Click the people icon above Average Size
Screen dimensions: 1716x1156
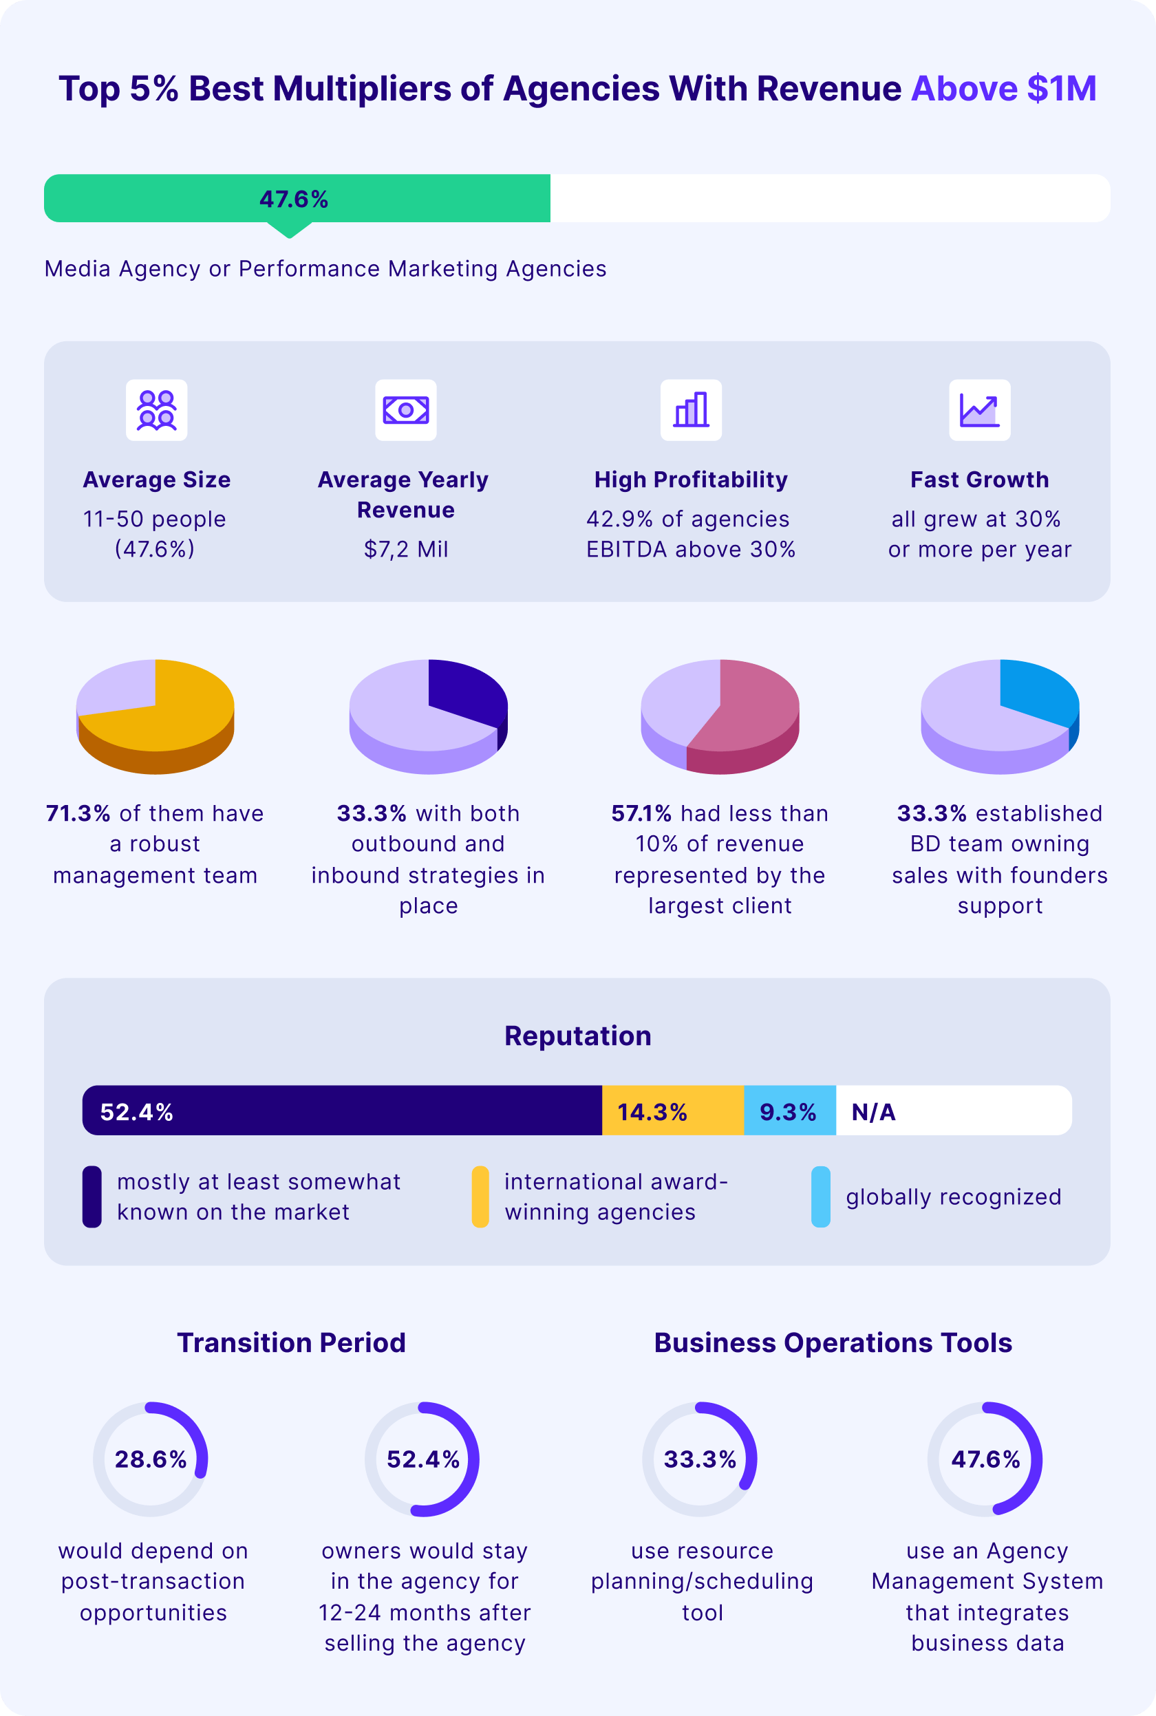tap(156, 410)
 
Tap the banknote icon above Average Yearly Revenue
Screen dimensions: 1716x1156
tap(405, 410)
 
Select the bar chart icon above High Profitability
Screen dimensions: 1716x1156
tap(691, 410)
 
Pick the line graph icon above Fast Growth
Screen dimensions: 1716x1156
tap(979, 410)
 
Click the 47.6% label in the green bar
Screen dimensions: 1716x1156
tap(293, 199)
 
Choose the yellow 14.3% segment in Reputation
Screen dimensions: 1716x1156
tap(672, 1110)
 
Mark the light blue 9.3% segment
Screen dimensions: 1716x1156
tap(790, 1110)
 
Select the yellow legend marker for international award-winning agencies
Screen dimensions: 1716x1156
tap(480, 1197)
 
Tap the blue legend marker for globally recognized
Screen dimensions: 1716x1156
tap(820, 1197)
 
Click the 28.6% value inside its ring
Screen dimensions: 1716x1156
tap(151, 1459)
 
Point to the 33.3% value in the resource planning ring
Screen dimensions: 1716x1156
tap(700, 1459)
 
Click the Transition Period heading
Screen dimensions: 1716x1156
tap(291, 1342)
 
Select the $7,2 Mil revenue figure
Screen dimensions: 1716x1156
tap(405, 549)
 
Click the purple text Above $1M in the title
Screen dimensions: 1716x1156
tap(1003, 89)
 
